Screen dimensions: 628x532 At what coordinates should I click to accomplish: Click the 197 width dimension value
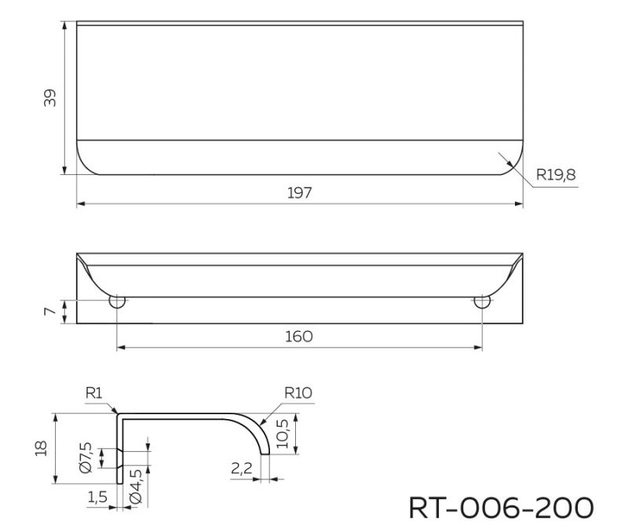click(299, 193)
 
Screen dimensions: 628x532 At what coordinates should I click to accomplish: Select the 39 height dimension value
click(50, 98)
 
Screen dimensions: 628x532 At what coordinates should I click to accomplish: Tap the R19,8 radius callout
click(556, 175)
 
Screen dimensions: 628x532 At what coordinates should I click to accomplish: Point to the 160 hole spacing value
click(299, 337)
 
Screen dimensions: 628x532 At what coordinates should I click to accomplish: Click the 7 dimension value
click(50, 311)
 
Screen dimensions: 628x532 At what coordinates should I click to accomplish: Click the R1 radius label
click(94, 393)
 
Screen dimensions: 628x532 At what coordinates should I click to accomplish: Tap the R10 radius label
click(298, 393)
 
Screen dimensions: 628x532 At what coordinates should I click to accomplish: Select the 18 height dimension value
click(42, 448)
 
